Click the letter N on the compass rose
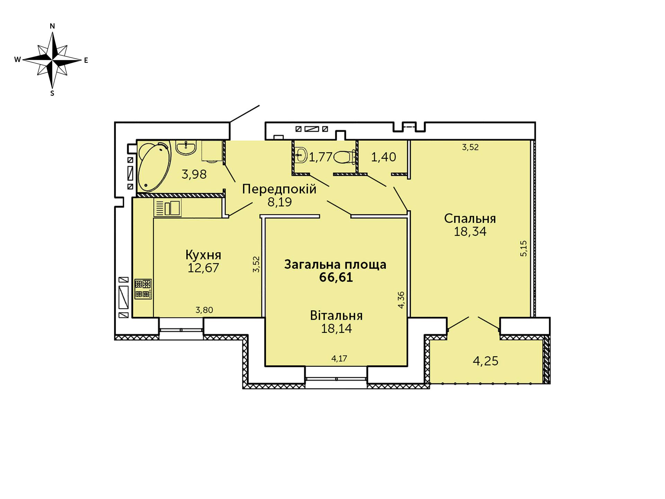point(52,26)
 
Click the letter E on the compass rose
point(86,60)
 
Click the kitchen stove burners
point(143,289)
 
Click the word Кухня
point(203,255)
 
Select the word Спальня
point(470,219)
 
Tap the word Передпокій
point(279,189)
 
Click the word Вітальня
point(336,316)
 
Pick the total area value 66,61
point(336,278)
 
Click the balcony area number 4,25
point(486,361)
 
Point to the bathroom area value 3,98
point(194,174)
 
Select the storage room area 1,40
point(384,157)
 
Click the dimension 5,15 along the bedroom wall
point(524,248)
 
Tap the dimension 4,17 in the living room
point(339,358)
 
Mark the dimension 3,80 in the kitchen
point(204,310)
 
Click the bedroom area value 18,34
point(470,231)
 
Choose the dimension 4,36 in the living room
point(401,300)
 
